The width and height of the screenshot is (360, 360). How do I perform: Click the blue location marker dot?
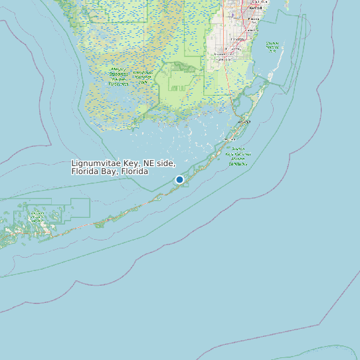pos(179,179)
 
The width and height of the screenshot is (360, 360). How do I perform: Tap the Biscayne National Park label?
pos(272,46)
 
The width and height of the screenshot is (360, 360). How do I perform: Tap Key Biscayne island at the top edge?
pos(287,5)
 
